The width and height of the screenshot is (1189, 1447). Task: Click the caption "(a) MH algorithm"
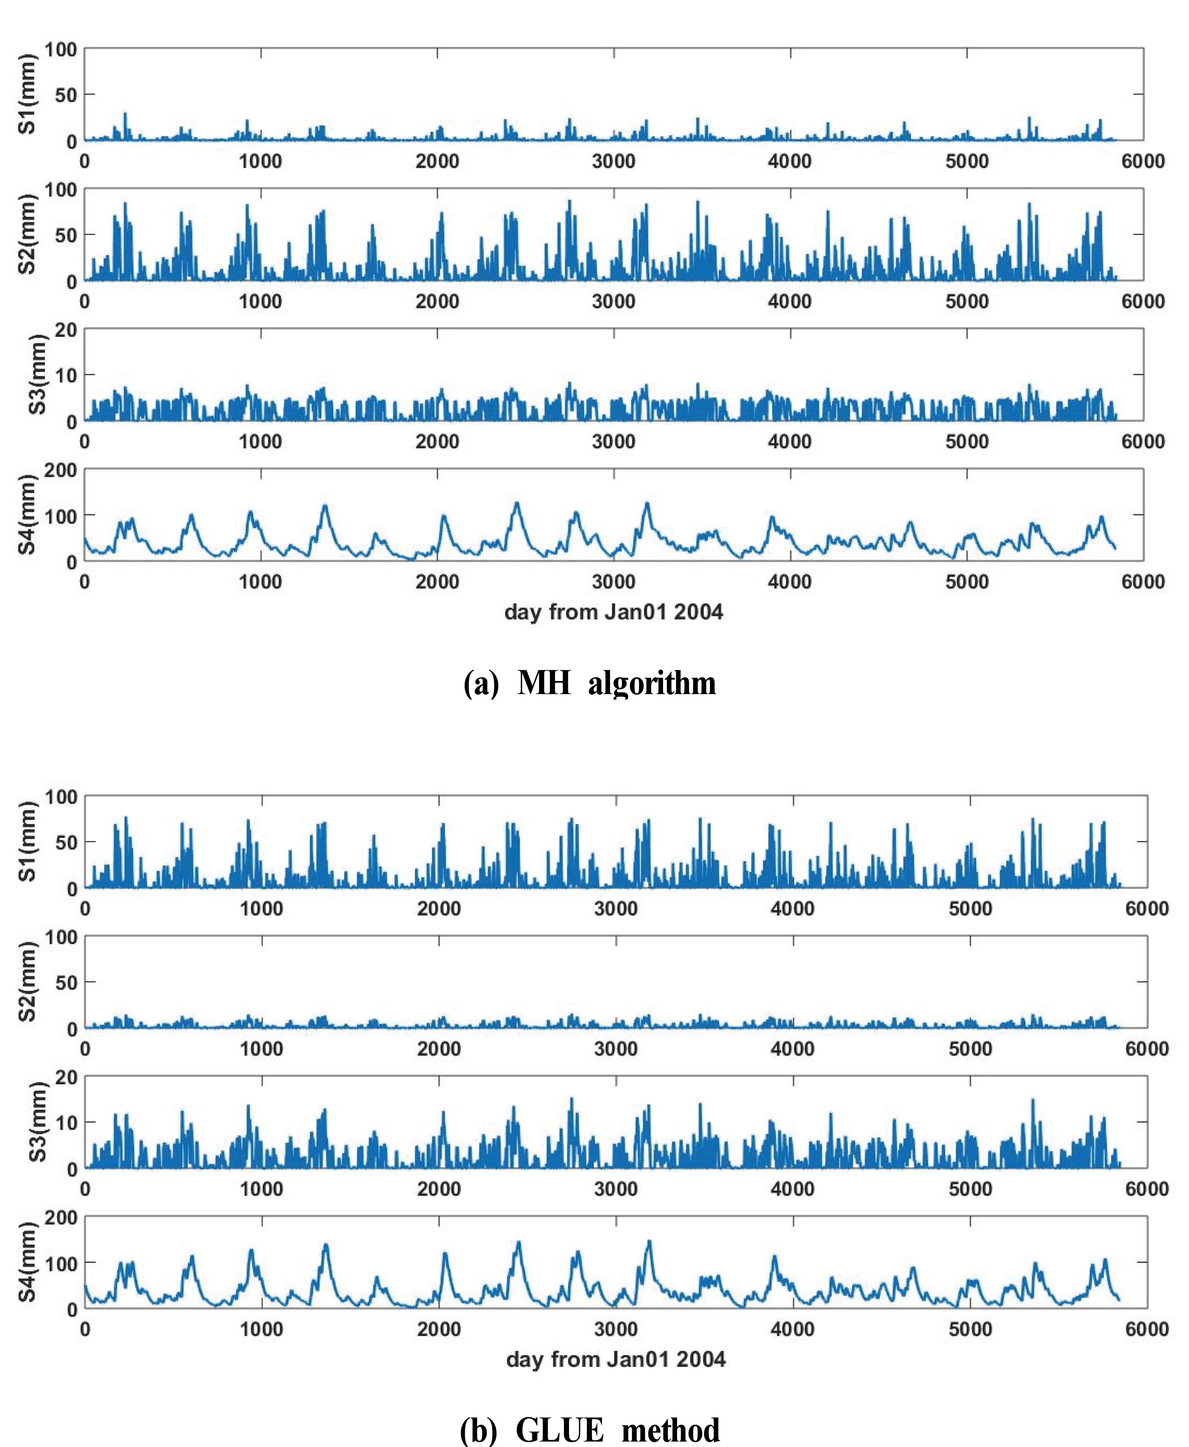pos(590,684)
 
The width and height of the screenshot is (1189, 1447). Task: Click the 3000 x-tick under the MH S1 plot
pos(614,162)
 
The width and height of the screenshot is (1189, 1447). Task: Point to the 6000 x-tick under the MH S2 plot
pos(1142,302)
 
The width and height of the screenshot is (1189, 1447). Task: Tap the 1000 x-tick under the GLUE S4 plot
pos(261,1329)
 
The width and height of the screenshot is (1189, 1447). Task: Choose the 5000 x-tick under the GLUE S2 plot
pos(970,1049)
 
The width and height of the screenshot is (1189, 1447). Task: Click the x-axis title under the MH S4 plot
pos(614,612)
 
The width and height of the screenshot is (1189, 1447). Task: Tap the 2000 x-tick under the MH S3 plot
pos(437,442)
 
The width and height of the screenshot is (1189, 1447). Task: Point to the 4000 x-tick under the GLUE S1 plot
pos(793,909)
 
